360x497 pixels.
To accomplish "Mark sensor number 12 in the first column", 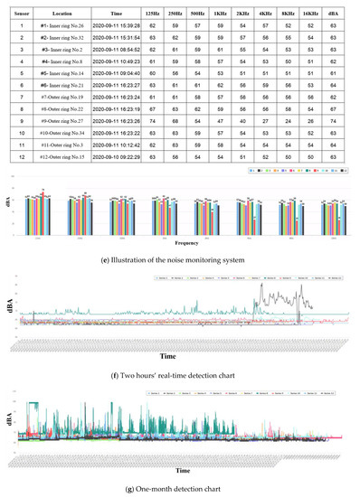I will (20, 155).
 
